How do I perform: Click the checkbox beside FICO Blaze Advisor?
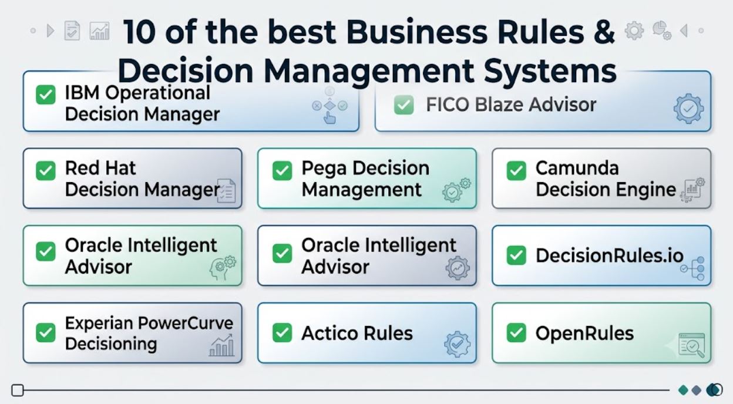(404, 105)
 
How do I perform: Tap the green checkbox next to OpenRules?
(516, 333)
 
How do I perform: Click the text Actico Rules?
(357, 334)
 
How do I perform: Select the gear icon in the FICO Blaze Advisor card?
(688, 109)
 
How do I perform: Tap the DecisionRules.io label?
(610, 255)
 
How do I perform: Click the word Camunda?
(577, 168)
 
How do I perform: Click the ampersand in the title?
(603, 31)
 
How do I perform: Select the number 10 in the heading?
(139, 32)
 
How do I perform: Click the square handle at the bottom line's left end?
(18, 390)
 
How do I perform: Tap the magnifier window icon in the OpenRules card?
(691, 345)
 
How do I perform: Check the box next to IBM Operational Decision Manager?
(45, 95)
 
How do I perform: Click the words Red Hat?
(100, 168)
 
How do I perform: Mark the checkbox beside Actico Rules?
(282, 333)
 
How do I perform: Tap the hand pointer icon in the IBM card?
(329, 117)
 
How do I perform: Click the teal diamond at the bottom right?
(683, 390)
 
